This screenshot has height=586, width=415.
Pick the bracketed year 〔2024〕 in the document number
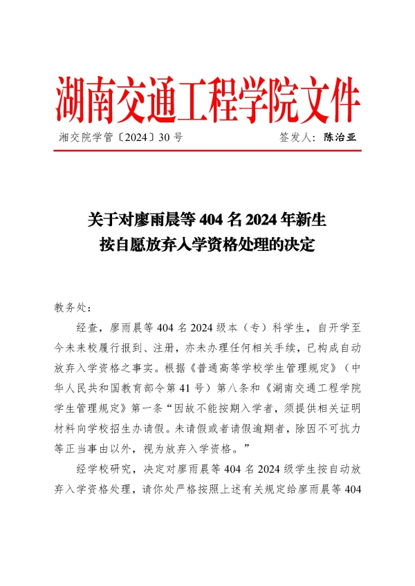pos(131,137)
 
